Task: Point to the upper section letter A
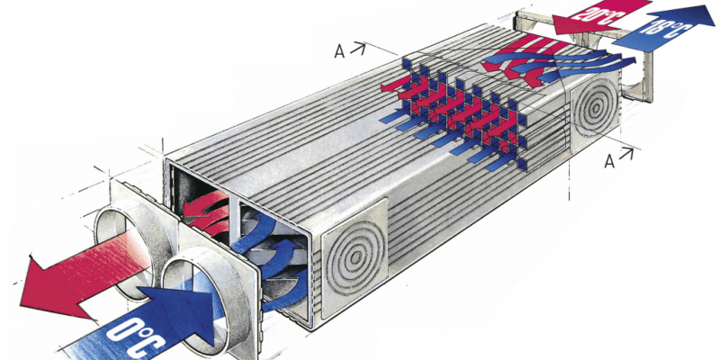339,52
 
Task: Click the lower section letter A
609,161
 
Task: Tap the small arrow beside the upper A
358,49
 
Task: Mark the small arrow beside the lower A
625,154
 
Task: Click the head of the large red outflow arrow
50,287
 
